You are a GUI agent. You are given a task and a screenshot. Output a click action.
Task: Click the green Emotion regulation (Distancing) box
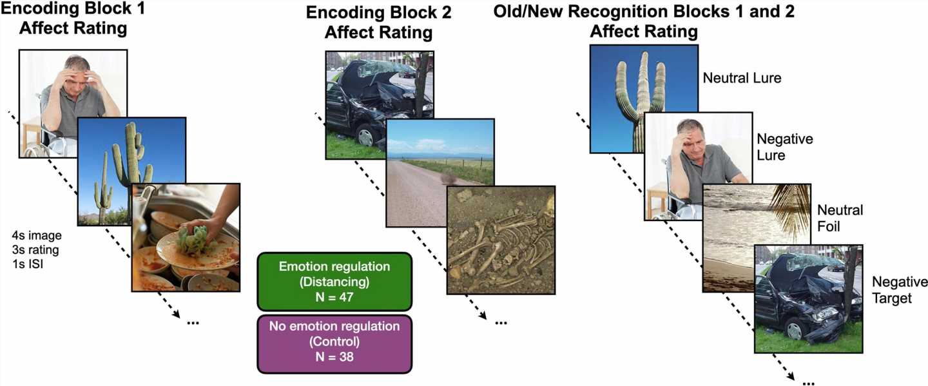point(334,282)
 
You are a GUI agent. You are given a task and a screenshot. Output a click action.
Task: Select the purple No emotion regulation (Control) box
point(334,343)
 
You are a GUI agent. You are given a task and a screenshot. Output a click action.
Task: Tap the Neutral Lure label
point(742,78)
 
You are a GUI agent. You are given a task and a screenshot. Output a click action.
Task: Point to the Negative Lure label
point(785,147)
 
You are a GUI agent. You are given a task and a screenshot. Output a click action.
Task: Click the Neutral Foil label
point(840,218)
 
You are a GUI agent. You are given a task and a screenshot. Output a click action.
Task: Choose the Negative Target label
point(900,289)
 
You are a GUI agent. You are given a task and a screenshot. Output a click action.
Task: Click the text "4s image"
point(37,236)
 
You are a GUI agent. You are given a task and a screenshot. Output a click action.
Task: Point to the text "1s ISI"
point(28,264)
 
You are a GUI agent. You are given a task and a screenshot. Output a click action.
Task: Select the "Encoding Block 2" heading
point(379,12)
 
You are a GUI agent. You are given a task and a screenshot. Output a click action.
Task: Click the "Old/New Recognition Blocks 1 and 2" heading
point(644,11)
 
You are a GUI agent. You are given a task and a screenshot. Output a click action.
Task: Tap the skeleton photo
point(501,240)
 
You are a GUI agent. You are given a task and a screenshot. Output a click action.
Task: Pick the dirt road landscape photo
point(440,173)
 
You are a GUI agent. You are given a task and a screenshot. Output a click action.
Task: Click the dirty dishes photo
point(186,237)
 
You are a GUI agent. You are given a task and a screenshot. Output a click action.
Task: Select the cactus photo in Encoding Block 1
point(131,171)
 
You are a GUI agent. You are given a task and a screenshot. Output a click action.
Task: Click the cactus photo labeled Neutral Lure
point(644,99)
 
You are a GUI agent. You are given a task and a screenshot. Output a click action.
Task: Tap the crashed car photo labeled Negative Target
point(808,298)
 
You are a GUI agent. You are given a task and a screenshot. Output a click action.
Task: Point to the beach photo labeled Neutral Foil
point(757,238)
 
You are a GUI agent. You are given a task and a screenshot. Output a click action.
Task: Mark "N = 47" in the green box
point(334,297)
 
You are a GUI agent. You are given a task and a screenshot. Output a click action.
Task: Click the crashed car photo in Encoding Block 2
point(380,105)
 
